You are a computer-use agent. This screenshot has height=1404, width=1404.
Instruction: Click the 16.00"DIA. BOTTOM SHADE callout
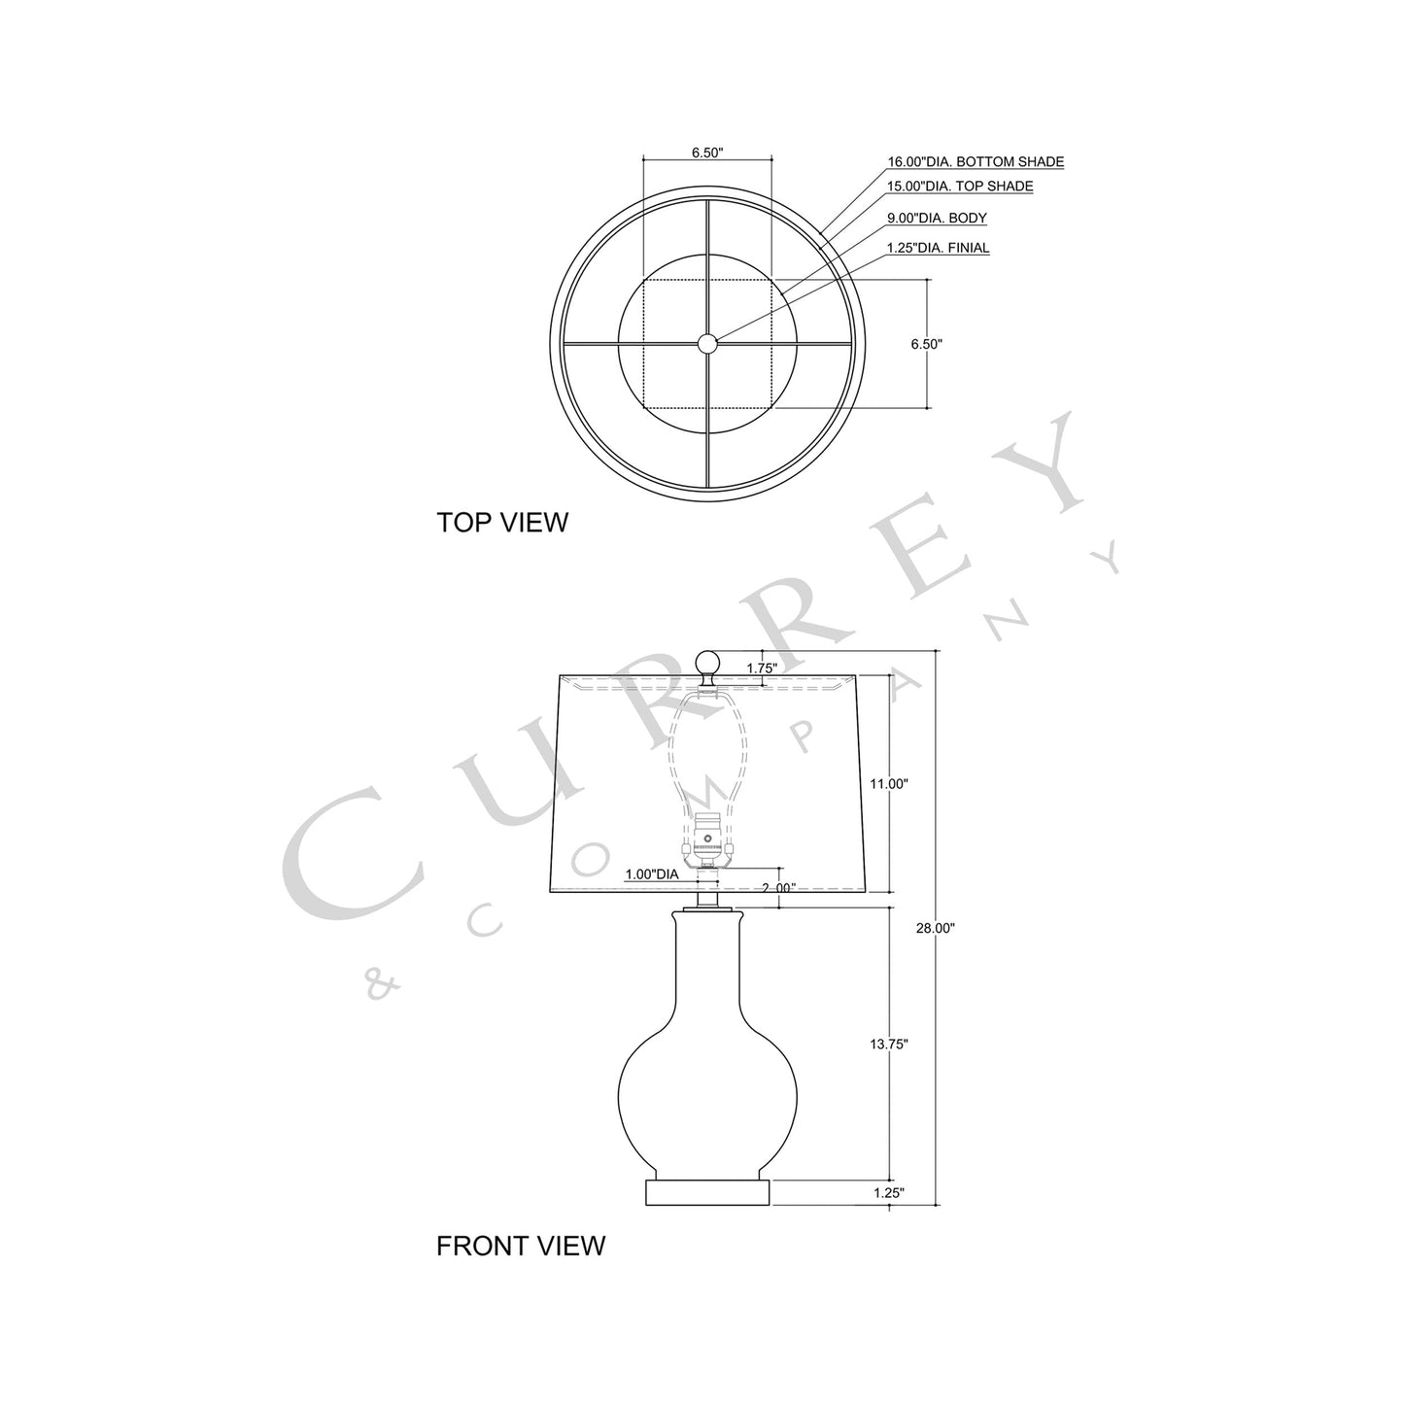pos(975,162)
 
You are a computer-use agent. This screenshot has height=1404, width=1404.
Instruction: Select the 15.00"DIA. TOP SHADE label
pos(959,187)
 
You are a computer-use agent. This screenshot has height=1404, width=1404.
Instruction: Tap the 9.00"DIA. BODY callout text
pos(936,219)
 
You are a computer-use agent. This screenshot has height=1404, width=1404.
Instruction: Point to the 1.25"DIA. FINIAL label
pos(938,249)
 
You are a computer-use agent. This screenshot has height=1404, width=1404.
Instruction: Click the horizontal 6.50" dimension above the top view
pos(706,153)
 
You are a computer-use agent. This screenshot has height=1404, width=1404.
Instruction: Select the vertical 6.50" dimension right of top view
pos(926,344)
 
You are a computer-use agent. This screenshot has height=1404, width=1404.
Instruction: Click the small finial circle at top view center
pos(706,342)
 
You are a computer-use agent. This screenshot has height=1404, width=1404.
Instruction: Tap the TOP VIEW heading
pos(501,523)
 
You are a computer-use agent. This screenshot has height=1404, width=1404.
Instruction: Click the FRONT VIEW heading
pos(520,1246)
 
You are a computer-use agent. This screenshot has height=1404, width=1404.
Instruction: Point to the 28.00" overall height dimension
pos(936,929)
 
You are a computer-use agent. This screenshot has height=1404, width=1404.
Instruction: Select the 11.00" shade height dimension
pos(888,783)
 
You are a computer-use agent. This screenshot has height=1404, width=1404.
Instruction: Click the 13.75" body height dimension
pos(888,1045)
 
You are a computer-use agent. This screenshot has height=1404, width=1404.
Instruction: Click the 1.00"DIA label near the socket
pos(651,874)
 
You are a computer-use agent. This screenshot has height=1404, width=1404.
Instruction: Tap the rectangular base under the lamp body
pos(708,1191)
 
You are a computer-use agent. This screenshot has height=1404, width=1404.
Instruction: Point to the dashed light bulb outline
pos(707,748)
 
